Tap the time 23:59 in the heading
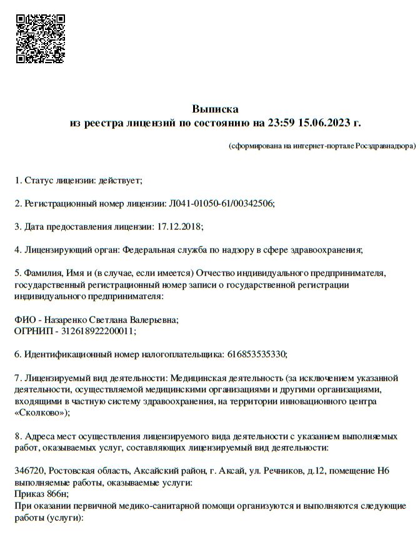270,122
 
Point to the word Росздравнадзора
385,146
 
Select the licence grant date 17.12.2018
181,226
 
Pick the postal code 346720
29,471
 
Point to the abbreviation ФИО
23,319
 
